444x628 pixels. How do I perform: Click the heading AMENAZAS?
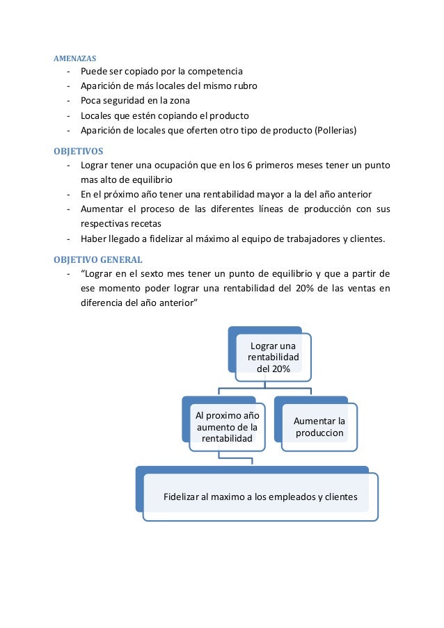pyautogui.click(x=75, y=58)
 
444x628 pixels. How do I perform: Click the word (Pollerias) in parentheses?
pyautogui.click(x=337, y=130)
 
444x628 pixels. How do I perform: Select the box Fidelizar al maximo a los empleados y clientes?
pyautogui.click(x=260, y=497)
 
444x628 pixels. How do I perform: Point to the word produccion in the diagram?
pyautogui.click(x=319, y=433)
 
